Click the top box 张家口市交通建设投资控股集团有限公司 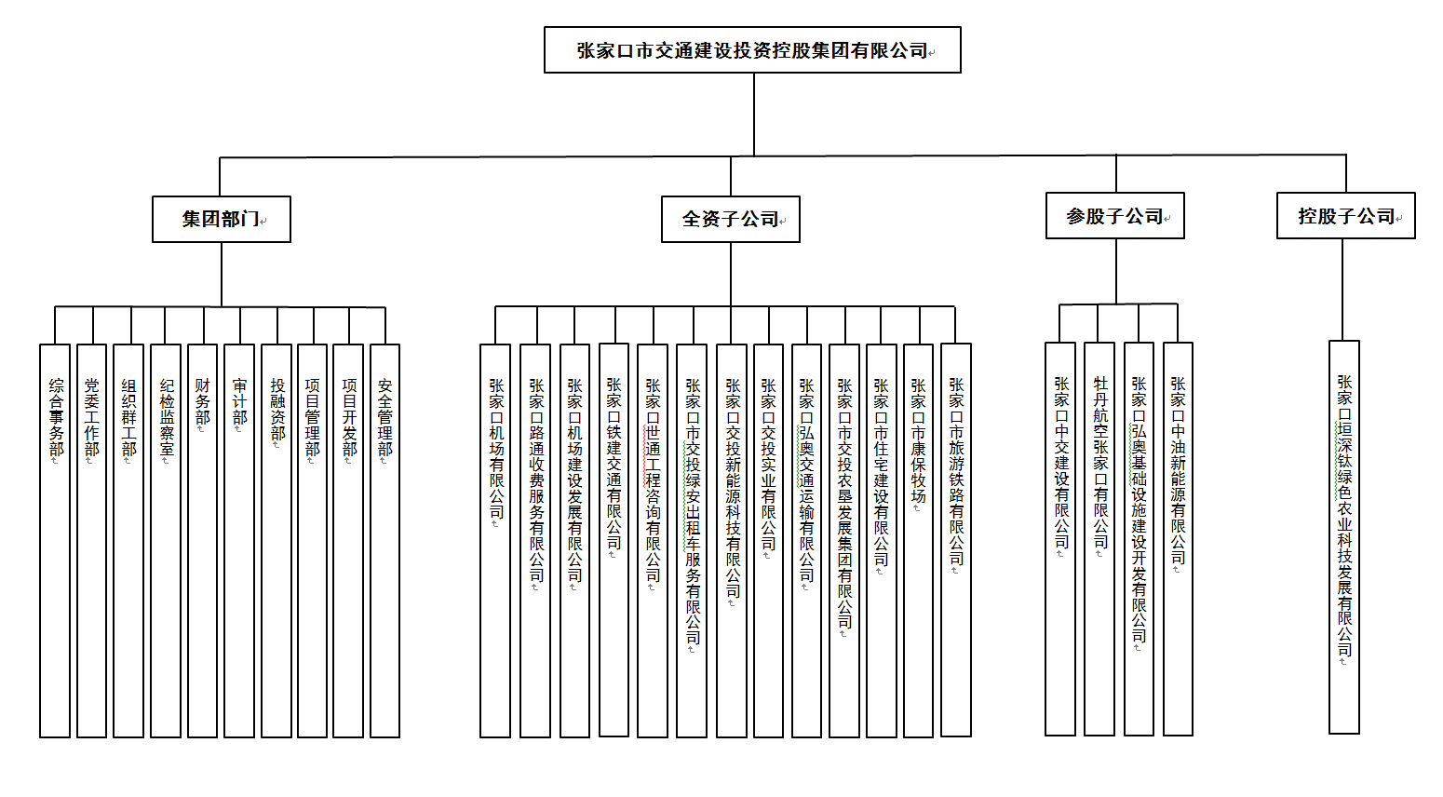click(752, 50)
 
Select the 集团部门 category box click(222, 220)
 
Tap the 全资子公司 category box click(731, 220)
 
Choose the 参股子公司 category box click(1115, 216)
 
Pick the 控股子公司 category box click(1346, 216)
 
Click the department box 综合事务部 click(55, 540)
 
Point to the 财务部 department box click(203, 540)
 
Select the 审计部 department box click(239, 540)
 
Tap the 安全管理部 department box click(384, 540)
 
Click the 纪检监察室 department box click(166, 540)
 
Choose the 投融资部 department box click(276, 540)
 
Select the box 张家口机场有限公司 click(495, 540)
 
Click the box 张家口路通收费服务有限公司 click(535, 540)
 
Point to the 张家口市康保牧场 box click(919, 540)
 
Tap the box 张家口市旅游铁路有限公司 click(956, 540)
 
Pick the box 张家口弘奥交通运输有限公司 click(807, 540)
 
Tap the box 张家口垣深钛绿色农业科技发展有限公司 click(1344, 536)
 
